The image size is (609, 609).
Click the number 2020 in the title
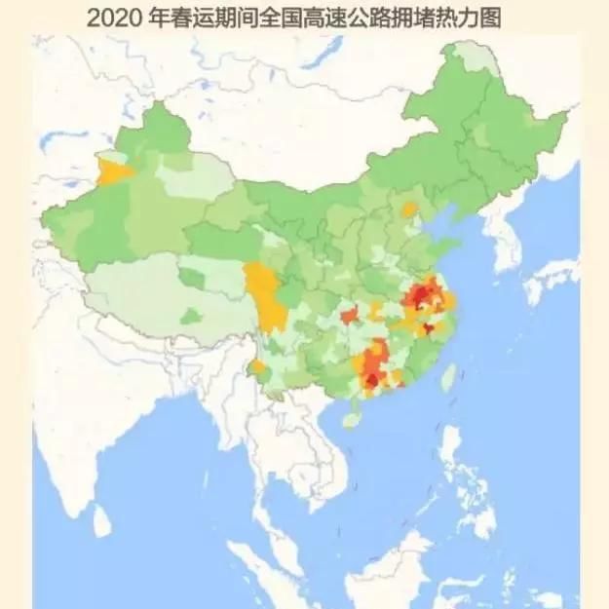[x=112, y=18]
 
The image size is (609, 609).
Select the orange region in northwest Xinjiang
[x=116, y=171]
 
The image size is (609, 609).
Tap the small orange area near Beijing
[x=410, y=209]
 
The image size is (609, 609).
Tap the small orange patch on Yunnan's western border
[x=258, y=368]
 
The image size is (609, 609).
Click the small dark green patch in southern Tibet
[x=192, y=316]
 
